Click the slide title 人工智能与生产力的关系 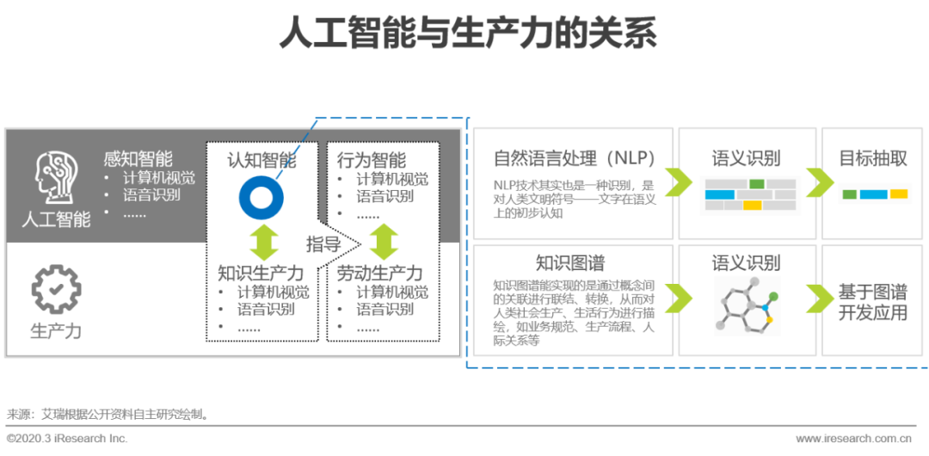click(x=468, y=34)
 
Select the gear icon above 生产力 click(x=56, y=290)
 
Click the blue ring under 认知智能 click(x=260, y=196)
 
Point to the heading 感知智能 click(x=138, y=159)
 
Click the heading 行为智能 click(x=372, y=159)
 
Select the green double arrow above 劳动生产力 click(x=384, y=242)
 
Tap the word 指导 click(x=323, y=244)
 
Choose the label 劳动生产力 click(x=379, y=274)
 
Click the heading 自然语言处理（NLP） click(x=575, y=158)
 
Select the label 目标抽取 click(x=873, y=158)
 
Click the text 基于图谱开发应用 click(x=873, y=302)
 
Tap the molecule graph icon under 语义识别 click(x=744, y=303)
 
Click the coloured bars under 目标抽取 click(x=874, y=194)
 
